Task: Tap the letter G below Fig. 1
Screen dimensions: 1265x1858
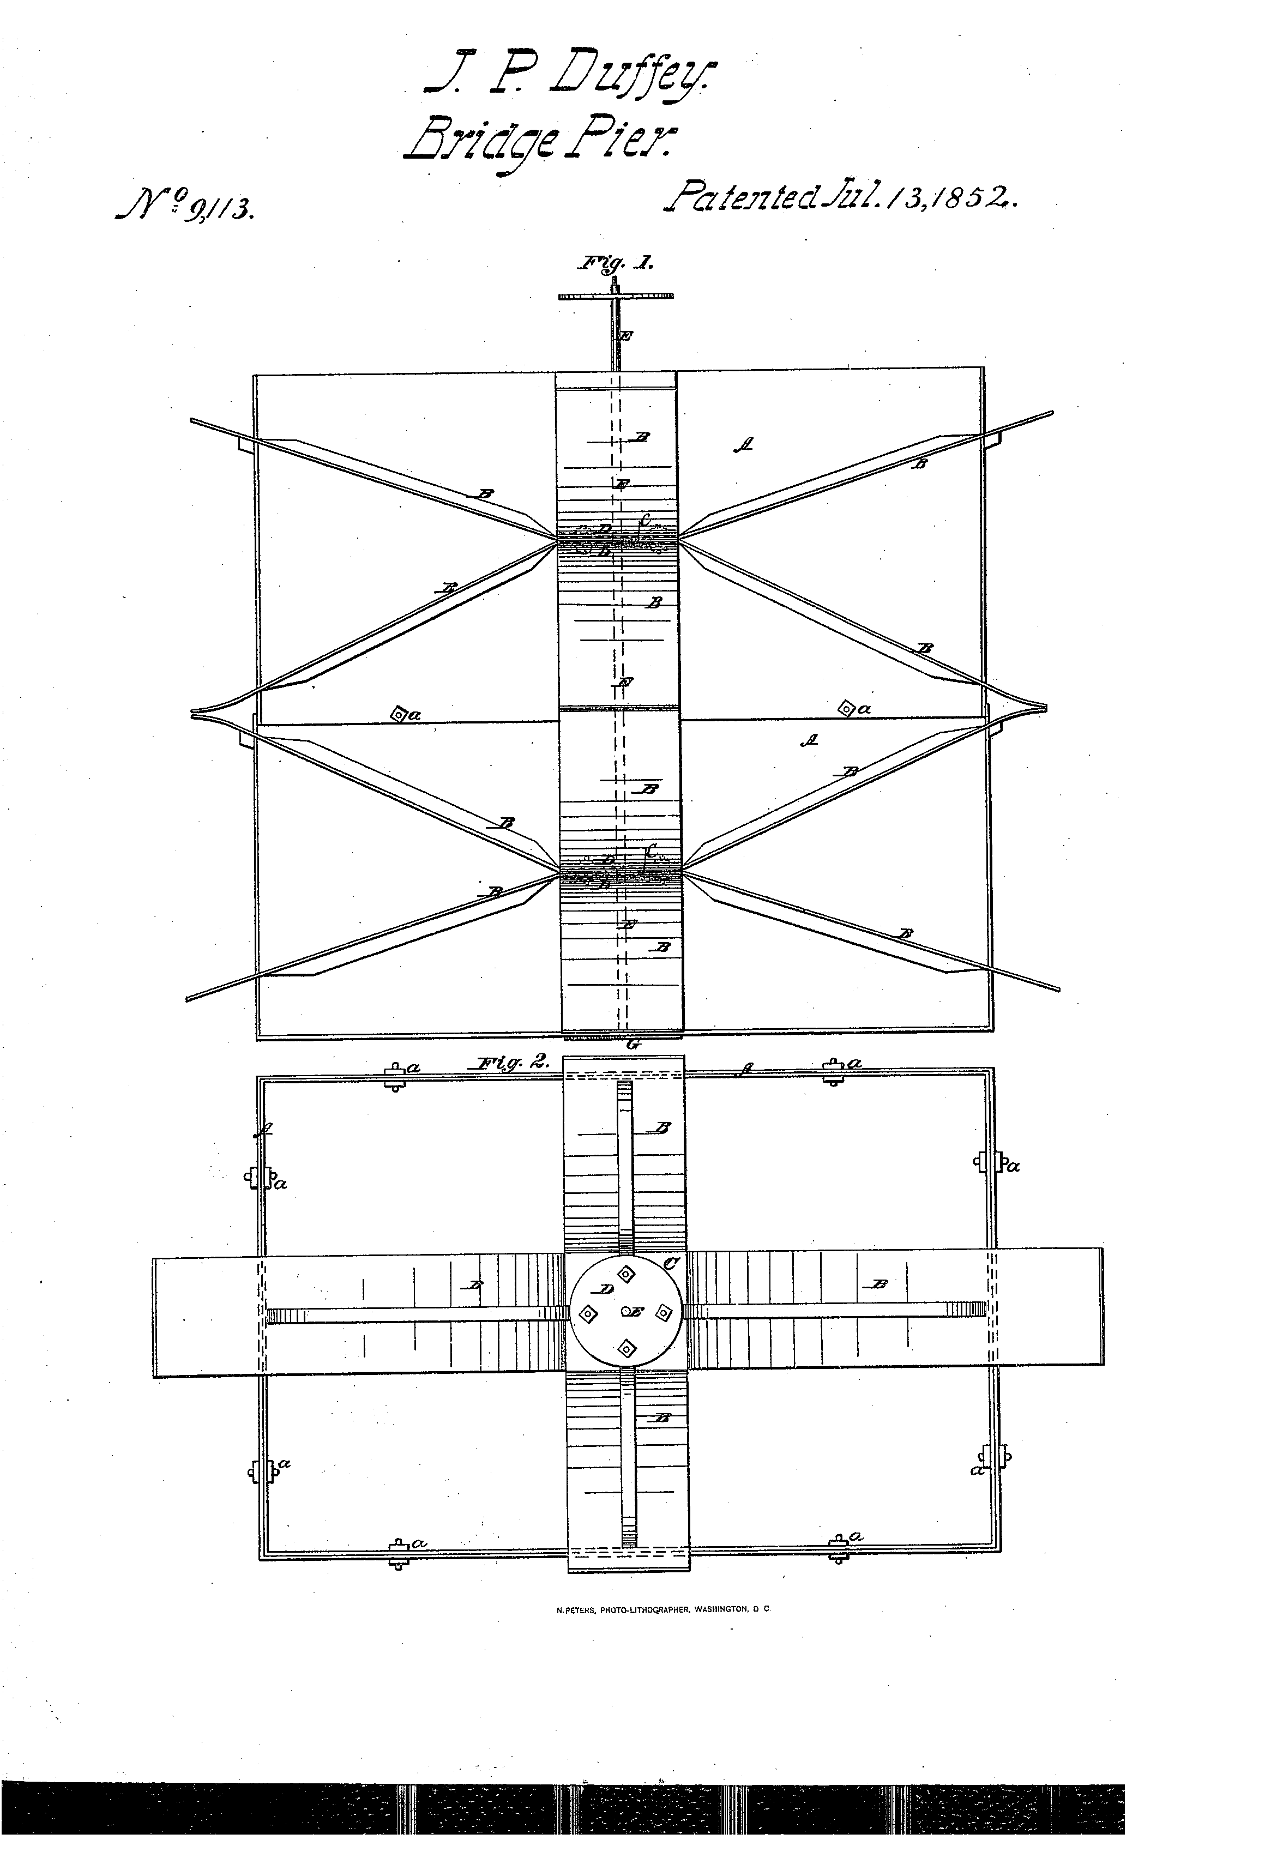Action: tap(635, 1042)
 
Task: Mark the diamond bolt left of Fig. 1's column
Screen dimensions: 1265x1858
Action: tap(397, 713)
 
